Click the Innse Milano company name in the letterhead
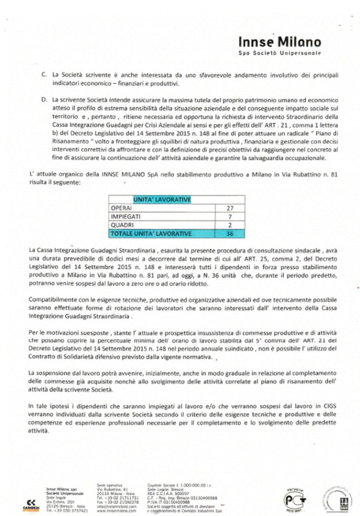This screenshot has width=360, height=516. pos(280,42)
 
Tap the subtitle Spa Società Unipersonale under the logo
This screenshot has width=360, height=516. pos(280,53)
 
